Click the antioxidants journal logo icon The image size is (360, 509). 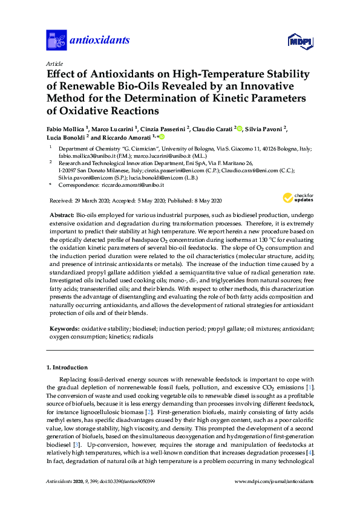pyautogui.click(x=56, y=41)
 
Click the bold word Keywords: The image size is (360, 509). pyautogui.click(x=64, y=329)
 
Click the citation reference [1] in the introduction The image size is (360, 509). pyautogui.click(x=309, y=387)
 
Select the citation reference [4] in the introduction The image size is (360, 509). pyautogui.click(x=309, y=453)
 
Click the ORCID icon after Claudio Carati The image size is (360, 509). pyautogui.click(x=240, y=128)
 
